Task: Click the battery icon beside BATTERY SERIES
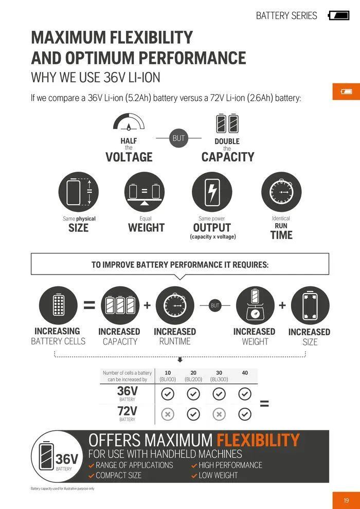(338, 15)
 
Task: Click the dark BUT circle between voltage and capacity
(178, 138)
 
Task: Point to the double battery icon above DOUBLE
(227, 123)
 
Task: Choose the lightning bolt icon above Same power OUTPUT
(211, 192)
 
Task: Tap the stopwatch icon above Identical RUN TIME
(281, 192)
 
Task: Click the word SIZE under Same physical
(79, 228)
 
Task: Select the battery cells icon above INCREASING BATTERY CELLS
(58, 305)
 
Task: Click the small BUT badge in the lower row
(215, 305)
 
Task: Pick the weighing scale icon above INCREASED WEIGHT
(255, 305)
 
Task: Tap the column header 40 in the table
(245, 373)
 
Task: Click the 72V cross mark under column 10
(168, 414)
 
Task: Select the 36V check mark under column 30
(219, 394)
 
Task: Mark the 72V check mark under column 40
(245, 414)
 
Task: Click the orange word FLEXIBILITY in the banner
(258, 440)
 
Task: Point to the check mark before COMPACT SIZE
(92, 476)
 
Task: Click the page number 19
(346, 500)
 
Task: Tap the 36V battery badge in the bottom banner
(57, 458)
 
